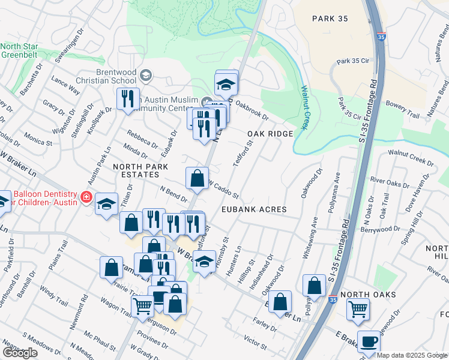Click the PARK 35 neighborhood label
(x=330, y=19)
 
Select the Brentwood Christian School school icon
(x=148, y=75)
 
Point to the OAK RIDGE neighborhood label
(x=270, y=134)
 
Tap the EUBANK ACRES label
(x=253, y=209)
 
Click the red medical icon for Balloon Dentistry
(x=86, y=196)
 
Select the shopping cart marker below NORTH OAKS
(x=358, y=309)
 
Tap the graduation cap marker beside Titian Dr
(x=106, y=205)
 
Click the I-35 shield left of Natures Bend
(x=382, y=37)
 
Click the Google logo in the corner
(x=20, y=353)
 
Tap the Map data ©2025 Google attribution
(x=412, y=355)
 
